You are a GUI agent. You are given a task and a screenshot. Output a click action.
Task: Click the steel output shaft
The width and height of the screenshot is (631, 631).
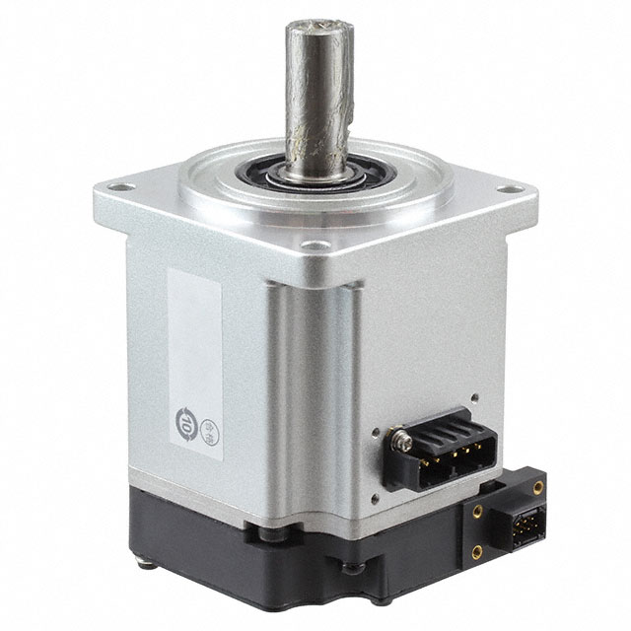tap(317, 99)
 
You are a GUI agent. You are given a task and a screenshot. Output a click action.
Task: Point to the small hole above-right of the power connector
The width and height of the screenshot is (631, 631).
tap(473, 398)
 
